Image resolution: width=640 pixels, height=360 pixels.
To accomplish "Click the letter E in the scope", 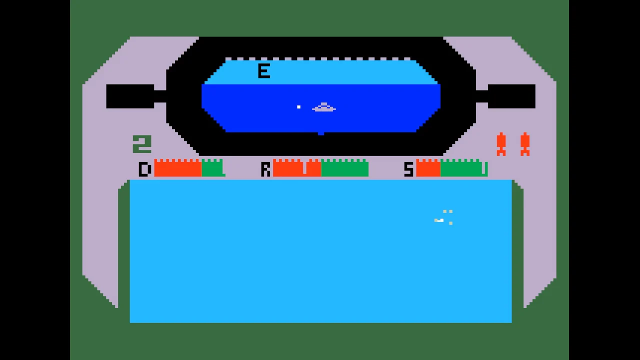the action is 263,71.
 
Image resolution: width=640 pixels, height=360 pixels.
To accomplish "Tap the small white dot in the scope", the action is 298,107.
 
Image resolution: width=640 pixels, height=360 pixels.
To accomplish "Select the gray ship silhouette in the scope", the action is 323,107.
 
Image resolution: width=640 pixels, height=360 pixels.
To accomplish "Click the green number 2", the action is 142,144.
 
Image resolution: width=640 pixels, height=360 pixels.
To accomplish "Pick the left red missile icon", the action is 501,144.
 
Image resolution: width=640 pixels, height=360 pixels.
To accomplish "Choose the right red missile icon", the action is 525,144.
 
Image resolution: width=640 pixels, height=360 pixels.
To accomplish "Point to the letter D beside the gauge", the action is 145,169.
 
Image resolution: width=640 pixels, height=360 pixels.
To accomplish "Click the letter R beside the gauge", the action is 265,169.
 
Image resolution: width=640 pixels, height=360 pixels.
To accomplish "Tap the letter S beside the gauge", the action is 408,169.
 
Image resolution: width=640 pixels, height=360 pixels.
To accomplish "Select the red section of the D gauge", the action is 178,168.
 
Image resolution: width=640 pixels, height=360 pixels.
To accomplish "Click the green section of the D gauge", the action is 213,168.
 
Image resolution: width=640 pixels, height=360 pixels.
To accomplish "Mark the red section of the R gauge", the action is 297,168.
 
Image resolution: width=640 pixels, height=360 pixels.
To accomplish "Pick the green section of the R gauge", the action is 345,168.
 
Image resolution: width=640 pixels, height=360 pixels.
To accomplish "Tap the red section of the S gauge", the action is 428,168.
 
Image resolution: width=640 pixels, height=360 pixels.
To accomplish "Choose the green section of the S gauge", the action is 464,168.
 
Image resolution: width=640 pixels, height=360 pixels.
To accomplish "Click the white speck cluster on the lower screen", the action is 443,217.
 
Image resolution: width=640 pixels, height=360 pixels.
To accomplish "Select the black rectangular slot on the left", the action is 130,96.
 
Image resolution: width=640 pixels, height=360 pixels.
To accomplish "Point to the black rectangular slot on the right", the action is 511,96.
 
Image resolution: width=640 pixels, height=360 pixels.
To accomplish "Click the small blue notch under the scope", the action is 321,133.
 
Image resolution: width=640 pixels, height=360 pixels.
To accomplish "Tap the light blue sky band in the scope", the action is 321,72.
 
